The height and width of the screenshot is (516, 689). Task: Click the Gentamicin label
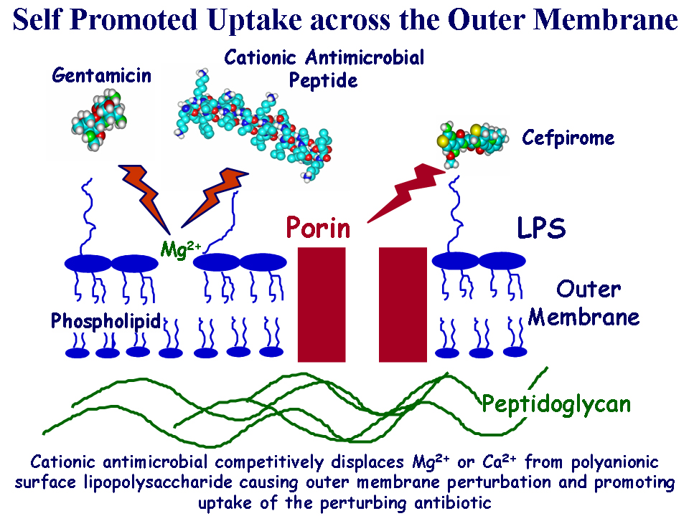tap(100, 75)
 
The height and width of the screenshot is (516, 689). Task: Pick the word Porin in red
tap(319, 228)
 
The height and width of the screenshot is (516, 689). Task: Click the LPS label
tap(541, 229)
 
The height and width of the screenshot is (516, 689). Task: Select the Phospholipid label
tap(106, 321)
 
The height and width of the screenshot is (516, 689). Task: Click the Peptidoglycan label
tap(556, 404)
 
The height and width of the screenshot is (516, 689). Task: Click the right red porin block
tap(403, 304)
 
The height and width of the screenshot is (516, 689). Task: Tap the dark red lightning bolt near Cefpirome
tap(406, 189)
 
